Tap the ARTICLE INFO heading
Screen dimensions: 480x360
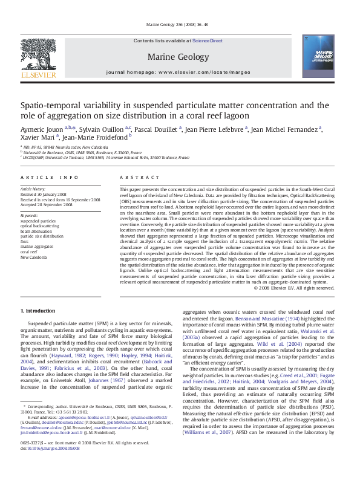point(50,177)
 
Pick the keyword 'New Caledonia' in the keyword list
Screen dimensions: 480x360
point(34,257)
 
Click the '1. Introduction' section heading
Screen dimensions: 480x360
point(38,311)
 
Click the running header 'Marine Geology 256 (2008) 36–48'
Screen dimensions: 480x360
point(179,24)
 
